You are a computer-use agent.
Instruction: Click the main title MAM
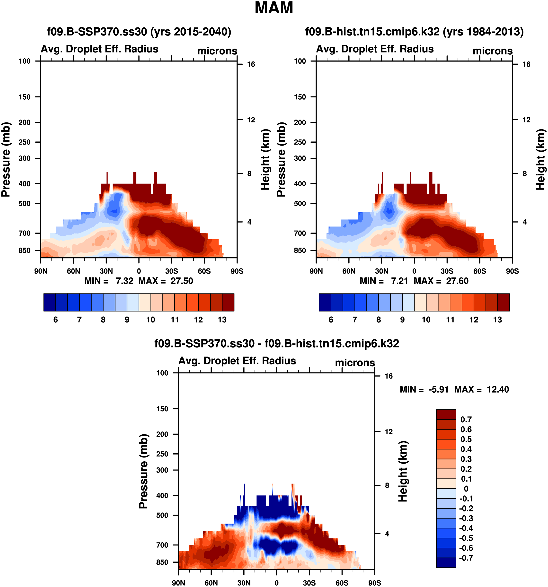[274, 8]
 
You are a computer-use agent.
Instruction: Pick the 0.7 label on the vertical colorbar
[466, 420]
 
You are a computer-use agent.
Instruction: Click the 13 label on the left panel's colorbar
[222, 320]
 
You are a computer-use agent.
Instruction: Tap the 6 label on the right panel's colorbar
[331, 320]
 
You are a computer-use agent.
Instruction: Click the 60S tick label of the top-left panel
[204, 271]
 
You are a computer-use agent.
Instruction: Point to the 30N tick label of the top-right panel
[381, 271]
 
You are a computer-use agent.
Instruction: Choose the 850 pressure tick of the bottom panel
[162, 562]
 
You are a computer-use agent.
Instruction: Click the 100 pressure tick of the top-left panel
[25, 61]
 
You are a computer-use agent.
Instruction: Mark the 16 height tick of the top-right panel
[526, 64]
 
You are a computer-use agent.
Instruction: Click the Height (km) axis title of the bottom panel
[403, 472]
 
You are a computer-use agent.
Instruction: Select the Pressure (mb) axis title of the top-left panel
[6, 159]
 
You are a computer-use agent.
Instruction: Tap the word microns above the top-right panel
[493, 51]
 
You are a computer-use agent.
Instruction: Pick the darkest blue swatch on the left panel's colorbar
[49, 302]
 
